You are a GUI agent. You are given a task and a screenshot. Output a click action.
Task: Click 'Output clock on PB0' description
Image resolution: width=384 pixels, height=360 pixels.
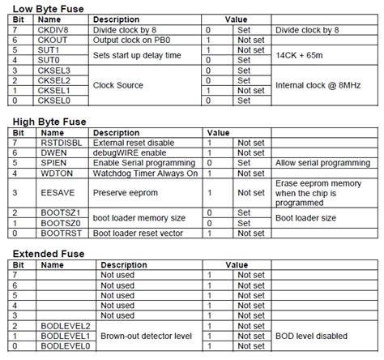[134, 40]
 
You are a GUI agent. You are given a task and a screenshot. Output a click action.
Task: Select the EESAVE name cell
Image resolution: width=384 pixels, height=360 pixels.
[54, 193]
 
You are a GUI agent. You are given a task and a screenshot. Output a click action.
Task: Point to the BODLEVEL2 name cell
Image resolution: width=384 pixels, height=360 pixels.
[63, 325]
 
